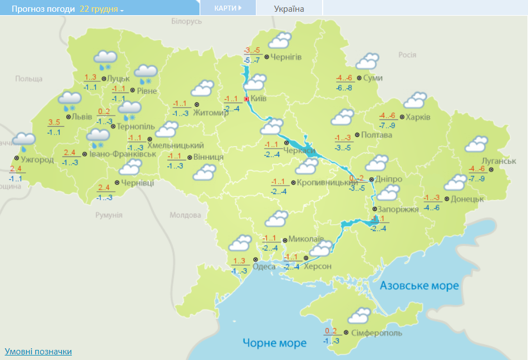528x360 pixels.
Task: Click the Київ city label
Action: pyautogui.click(x=259, y=99)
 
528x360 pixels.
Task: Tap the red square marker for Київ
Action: pyautogui.click(x=247, y=99)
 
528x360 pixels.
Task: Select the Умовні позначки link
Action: pyautogui.click(x=38, y=352)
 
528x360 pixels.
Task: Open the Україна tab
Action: pyautogui.click(x=289, y=8)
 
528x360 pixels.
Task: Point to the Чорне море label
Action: pyautogui.click(x=274, y=343)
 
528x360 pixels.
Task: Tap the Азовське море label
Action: pyautogui.click(x=420, y=285)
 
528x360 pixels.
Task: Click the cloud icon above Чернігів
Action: pyautogui.click(x=279, y=40)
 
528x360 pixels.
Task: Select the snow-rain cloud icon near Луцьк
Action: pyautogui.click(x=105, y=58)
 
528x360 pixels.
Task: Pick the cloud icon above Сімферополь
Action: pyautogui.click(x=359, y=316)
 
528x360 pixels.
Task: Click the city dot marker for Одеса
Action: pyautogui.click(x=255, y=260)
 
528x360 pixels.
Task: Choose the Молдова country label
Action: pyautogui.click(x=185, y=215)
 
